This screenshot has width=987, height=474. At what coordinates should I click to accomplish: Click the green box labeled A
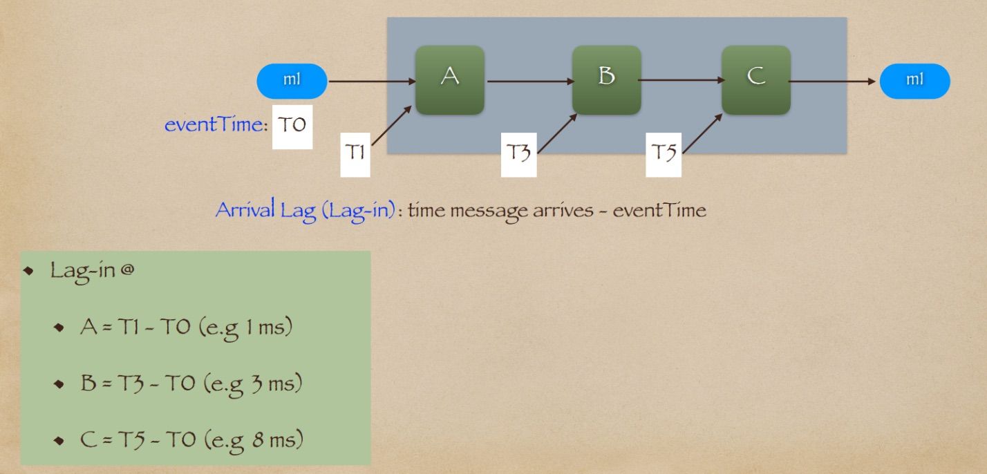point(449,79)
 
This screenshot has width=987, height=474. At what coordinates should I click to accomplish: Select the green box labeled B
point(606,79)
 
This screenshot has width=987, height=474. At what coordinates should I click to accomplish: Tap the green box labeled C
point(755,79)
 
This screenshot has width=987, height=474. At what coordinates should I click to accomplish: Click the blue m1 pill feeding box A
point(292,81)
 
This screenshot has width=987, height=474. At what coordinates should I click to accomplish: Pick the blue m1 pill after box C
point(914,81)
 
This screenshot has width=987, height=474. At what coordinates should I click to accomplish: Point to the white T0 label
point(292,126)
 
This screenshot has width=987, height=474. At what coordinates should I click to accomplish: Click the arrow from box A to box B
point(529,81)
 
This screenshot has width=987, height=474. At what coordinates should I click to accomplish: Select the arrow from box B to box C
point(681,81)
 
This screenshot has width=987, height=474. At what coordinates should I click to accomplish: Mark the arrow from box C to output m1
point(833,81)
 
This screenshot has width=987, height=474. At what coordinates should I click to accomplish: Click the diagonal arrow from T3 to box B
point(557,133)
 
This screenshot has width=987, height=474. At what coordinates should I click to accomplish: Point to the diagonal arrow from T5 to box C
point(702,133)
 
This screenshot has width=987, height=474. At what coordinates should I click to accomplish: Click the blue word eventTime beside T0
point(215,126)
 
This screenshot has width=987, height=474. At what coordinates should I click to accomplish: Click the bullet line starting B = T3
point(191,383)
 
